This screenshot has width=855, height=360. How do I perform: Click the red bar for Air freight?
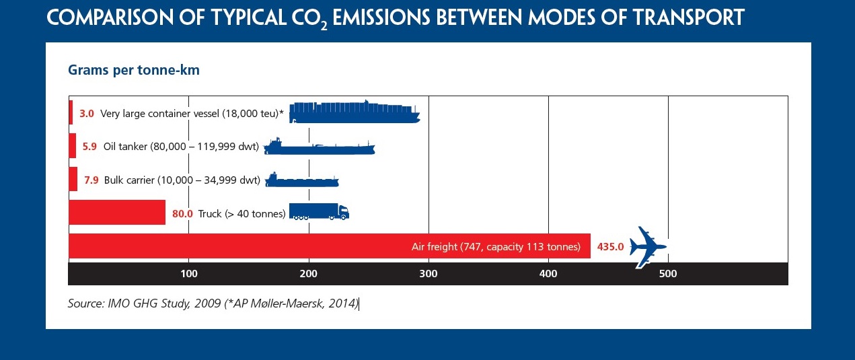pyautogui.click(x=330, y=246)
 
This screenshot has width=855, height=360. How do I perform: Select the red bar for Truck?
pyautogui.click(x=117, y=212)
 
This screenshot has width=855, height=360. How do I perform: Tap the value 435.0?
pyautogui.click(x=610, y=247)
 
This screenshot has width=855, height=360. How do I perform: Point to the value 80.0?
pyautogui.click(x=182, y=214)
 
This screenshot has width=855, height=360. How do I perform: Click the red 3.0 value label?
pyautogui.click(x=87, y=113)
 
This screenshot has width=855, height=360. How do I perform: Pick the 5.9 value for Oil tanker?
pyautogui.click(x=89, y=147)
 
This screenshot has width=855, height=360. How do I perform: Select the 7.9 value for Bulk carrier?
pyautogui.click(x=91, y=180)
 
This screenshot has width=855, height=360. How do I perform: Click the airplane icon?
pyautogui.click(x=648, y=247)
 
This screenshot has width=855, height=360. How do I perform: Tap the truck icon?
pyautogui.click(x=319, y=211)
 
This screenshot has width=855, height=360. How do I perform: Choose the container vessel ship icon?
pyautogui.click(x=355, y=112)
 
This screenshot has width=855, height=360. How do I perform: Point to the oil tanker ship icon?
pyautogui.click(x=319, y=146)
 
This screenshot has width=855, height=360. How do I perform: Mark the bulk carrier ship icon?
pyautogui.click(x=302, y=180)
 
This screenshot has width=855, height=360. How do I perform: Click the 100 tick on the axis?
pyautogui.click(x=189, y=274)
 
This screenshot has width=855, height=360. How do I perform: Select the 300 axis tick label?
pyautogui.click(x=429, y=274)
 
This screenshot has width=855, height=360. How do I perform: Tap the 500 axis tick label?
pyautogui.click(x=668, y=274)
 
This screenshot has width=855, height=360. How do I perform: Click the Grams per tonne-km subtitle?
pyautogui.click(x=134, y=70)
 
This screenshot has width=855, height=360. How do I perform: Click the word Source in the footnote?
pyautogui.click(x=86, y=303)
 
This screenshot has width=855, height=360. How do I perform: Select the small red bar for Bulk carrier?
pyautogui.click(x=73, y=179)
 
